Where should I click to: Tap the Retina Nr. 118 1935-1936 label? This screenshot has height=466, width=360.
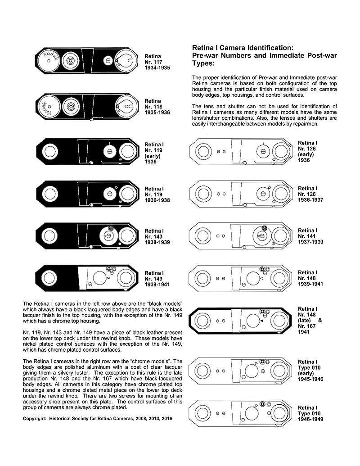click(x=157, y=107)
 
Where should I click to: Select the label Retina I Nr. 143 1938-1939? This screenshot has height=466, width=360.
click(x=157, y=236)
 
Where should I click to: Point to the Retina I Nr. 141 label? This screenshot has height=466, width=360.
click(x=310, y=236)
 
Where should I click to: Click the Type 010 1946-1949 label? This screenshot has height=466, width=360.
click(x=310, y=413)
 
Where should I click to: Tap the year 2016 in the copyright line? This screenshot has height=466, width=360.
click(x=166, y=418)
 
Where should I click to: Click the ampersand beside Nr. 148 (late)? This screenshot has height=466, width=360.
click(x=320, y=321)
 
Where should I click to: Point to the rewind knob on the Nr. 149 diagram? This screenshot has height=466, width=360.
click(x=49, y=278)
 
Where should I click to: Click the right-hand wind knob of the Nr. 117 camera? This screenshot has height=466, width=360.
click(x=126, y=61)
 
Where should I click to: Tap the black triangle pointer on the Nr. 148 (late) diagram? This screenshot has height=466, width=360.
click(x=261, y=321)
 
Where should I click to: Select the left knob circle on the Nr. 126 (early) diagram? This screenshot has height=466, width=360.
click(x=202, y=151)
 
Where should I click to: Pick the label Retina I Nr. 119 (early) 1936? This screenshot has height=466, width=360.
click(x=154, y=153)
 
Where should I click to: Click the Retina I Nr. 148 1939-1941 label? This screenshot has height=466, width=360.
click(x=310, y=278)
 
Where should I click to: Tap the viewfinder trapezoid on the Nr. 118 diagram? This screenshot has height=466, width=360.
click(x=89, y=107)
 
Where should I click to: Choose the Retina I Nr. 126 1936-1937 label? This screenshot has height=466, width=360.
click(x=310, y=195)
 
